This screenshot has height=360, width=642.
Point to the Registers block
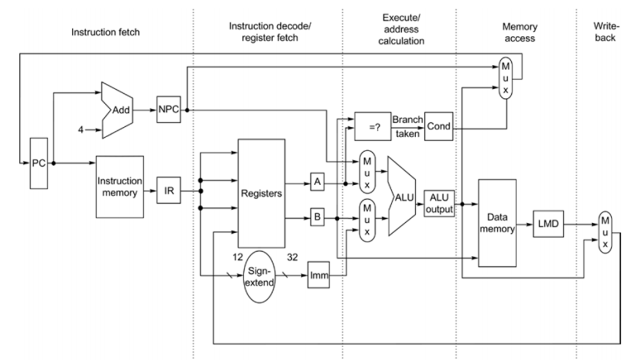tap(262, 193)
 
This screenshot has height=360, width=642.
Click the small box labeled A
tap(317, 182)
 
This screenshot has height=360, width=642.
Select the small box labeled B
tap(317, 218)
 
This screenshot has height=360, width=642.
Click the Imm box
tap(318, 277)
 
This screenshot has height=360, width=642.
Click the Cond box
tap(438, 126)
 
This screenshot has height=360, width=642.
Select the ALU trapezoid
tap(403, 197)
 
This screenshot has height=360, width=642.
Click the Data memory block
tap(497, 222)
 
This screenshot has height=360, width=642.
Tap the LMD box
tap(548, 224)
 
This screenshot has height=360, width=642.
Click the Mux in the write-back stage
tap(605, 232)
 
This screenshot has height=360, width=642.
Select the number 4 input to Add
tap(82, 130)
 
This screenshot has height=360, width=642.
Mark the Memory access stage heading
tap(519, 33)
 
